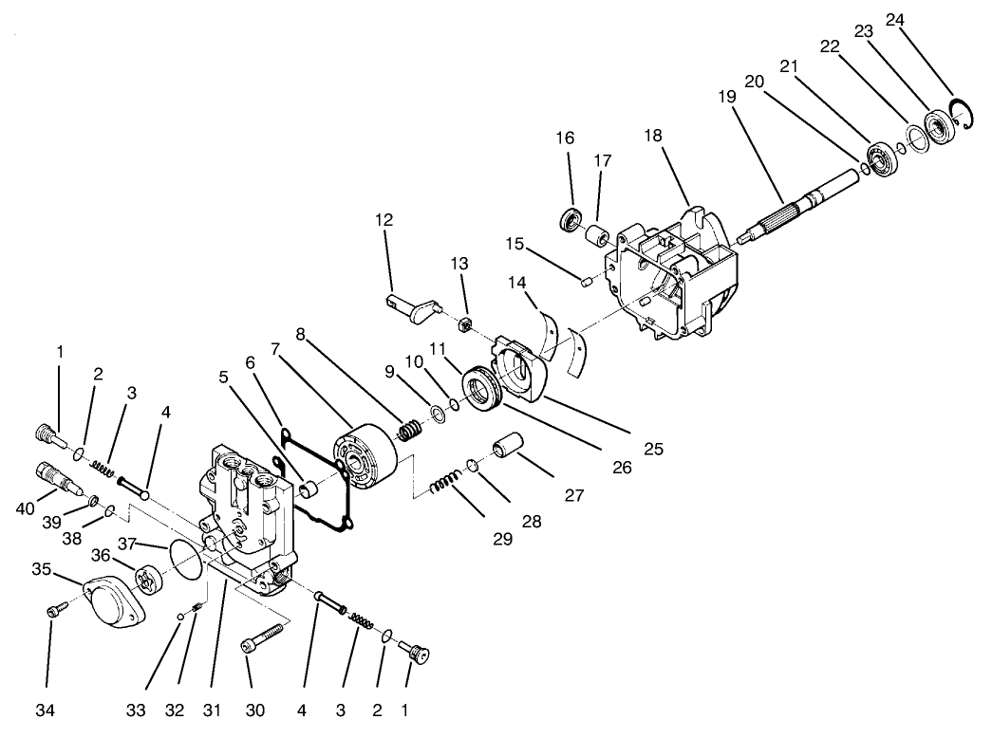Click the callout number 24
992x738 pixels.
(895, 19)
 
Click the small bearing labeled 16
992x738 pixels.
(571, 220)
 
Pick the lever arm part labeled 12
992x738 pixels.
(413, 304)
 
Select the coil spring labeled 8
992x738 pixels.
(409, 430)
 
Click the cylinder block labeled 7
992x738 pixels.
(366, 460)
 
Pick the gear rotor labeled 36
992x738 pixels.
(147, 578)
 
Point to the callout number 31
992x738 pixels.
(212, 709)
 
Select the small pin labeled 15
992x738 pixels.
(586, 279)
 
